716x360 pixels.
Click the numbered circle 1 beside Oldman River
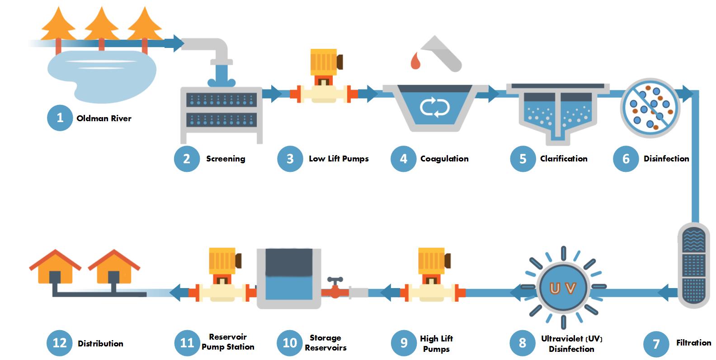(60, 118)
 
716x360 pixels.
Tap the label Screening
(226, 159)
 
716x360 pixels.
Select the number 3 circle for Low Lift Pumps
(290, 159)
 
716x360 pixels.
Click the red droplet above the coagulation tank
(415, 61)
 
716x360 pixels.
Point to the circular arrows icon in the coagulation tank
(434, 108)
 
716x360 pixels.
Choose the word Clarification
(564, 159)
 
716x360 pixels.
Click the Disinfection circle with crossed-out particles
(650, 108)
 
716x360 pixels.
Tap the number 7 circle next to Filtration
(656, 344)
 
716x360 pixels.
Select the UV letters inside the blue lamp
(563, 288)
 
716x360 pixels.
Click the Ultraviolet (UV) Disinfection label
(571, 344)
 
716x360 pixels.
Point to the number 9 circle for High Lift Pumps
(404, 343)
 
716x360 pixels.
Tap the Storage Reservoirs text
(325, 343)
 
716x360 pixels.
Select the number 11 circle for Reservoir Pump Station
(187, 343)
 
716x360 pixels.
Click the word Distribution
(100, 344)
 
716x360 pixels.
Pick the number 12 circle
(60, 343)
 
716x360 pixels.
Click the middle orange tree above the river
(102, 25)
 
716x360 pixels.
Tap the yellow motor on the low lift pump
(324, 62)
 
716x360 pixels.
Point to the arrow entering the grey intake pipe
(174, 43)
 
